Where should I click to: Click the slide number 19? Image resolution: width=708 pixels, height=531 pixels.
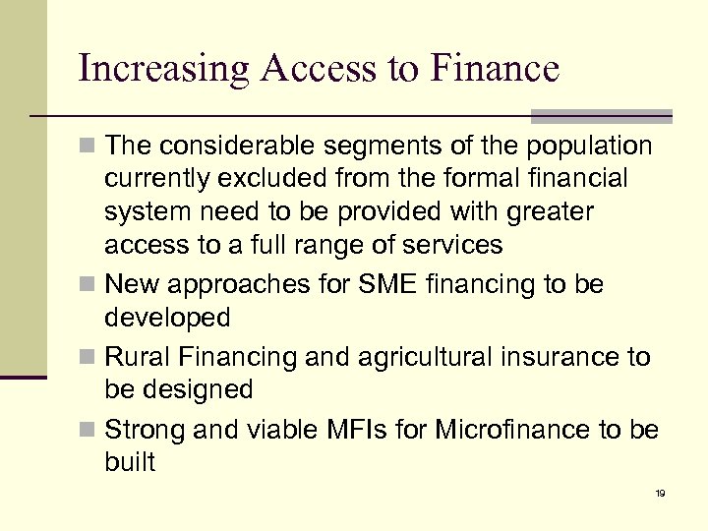pyautogui.click(x=660, y=492)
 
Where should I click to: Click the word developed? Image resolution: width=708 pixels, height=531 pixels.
pyautogui.click(x=167, y=319)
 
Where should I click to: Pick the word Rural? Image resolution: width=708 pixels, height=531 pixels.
pyautogui.click(x=137, y=355)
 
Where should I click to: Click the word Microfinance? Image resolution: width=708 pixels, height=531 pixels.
pyautogui.click(x=506, y=429)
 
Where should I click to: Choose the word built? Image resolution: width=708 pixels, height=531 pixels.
pyautogui.click(x=129, y=462)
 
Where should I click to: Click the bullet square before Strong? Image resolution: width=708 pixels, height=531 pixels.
pyautogui.click(x=89, y=430)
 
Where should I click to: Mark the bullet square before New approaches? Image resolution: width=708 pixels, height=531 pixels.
pyautogui.click(x=89, y=286)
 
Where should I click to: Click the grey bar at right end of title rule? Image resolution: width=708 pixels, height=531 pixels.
pyautogui.click(x=601, y=116)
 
